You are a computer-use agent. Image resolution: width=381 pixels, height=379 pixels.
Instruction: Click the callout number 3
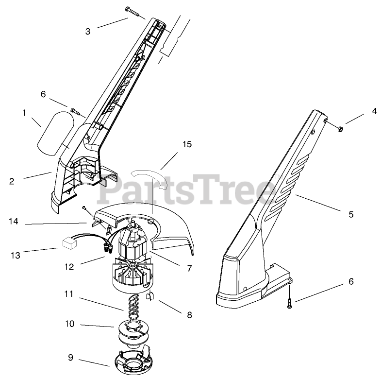click(87, 32)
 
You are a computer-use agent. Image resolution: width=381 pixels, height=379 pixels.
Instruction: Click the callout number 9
click(70, 358)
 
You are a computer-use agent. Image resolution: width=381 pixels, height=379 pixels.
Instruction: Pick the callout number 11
click(70, 293)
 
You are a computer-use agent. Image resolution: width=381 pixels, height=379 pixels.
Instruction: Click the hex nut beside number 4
click(340, 128)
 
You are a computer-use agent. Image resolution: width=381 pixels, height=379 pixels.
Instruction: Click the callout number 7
click(189, 268)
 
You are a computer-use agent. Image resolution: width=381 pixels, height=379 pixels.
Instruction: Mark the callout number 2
click(11, 182)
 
